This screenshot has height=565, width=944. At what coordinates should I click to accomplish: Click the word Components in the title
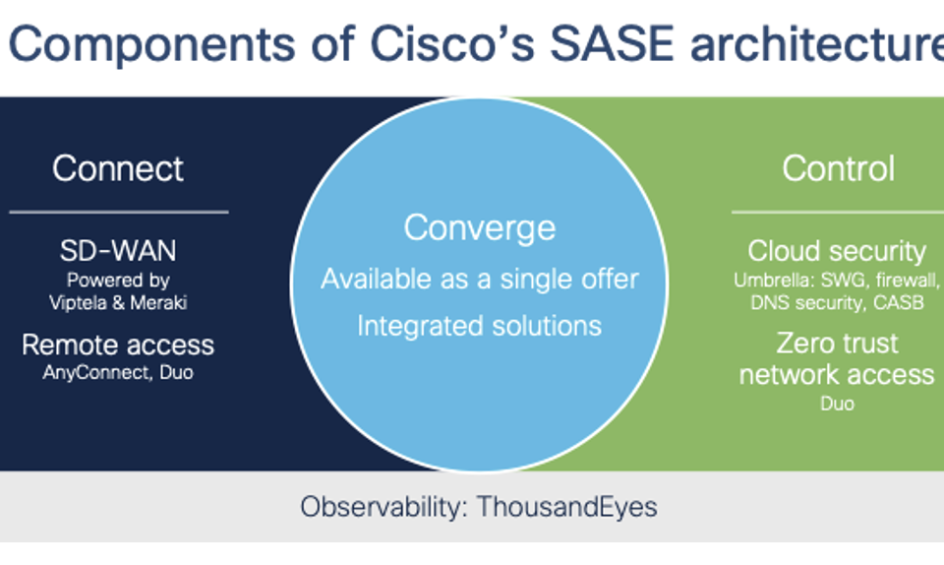(x=152, y=44)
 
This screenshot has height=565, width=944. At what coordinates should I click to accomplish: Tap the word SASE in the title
(x=612, y=44)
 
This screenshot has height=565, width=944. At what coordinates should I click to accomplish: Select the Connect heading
(x=118, y=168)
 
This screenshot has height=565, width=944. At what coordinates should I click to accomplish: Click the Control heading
(x=838, y=168)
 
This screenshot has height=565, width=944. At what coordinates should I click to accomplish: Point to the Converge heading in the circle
(x=480, y=228)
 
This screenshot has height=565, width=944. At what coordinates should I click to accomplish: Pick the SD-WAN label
(x=118, y=251)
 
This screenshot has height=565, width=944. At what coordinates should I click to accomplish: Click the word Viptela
(x=79, y=302)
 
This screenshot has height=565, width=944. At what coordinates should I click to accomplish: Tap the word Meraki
(x=158, y=302)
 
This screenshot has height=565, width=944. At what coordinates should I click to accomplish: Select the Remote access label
(x=118, y=345)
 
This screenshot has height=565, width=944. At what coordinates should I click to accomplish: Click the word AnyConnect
(x=95, y=373)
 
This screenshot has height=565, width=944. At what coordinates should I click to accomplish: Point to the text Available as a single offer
(x=480, y=279)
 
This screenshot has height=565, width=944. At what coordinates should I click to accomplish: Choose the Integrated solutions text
(x=480, y=327)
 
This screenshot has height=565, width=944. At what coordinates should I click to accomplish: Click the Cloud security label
(x=837, y=251)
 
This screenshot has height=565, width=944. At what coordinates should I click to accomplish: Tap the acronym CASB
(x=898, y=302)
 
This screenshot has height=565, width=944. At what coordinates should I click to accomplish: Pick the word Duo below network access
(x=837, y=404)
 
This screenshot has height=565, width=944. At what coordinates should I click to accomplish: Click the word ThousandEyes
(x=567, y=507)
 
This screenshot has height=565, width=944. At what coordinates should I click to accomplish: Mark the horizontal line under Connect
(x=119, y=212)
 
